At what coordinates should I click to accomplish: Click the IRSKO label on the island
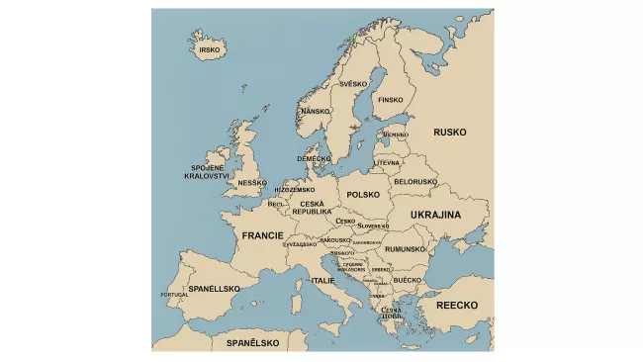click(x=209, y=49)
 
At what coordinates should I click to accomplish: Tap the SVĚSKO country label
click(x=353, y=85)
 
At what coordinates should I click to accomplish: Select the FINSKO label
click(x=391, y=100)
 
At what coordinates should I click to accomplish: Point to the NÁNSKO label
click(x=315, y=112)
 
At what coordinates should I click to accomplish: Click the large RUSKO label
click(x=449, y=131)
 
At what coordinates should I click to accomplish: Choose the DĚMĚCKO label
click(x=314, y=158)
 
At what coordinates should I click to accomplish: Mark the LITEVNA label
click(x=387, y=163)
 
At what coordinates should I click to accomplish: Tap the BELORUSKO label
click(x=415, y=182)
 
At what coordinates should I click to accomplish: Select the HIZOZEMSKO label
click(x=295, y=190)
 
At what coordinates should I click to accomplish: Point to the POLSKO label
click(x=363, y=195)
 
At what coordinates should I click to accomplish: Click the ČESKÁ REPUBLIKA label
click(x=312, y=208)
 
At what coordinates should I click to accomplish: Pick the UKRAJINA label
click(x=435, y=215)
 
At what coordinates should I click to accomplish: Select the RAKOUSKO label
click(x=334, y=240)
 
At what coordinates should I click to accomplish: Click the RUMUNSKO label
click(x=406, y=249)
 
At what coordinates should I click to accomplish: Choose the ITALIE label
click(x=323, y=281)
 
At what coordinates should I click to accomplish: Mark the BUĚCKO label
click(x=407, y=280)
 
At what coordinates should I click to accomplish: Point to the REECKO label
click(x=457, y=306)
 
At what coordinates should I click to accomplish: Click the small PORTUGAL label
click(x=174, y=295)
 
